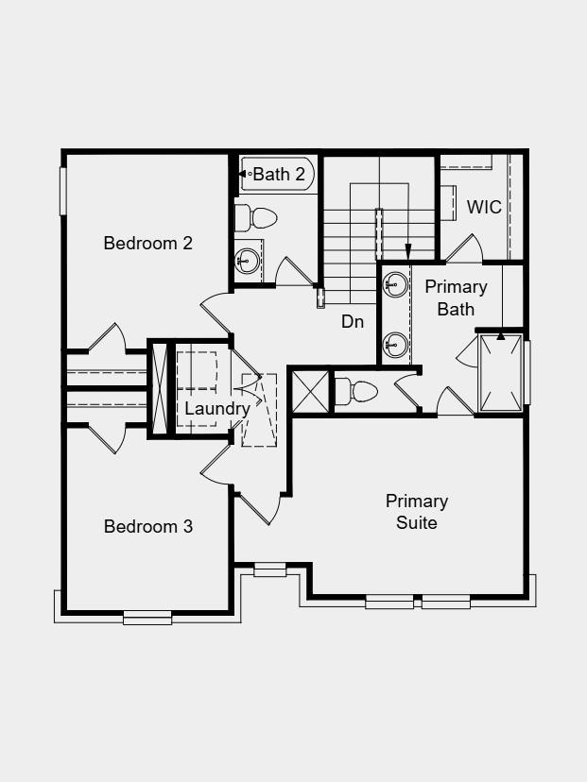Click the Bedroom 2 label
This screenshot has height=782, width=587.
[x=148, y=244]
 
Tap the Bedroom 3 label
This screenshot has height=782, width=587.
[x=148, y=527]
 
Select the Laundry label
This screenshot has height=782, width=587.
[x=216, y=409]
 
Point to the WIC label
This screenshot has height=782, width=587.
[x=484, y=207]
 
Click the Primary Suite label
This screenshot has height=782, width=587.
[x=417, y=511]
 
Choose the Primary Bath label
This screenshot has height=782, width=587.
[x=457, y=297]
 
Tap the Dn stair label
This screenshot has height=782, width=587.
[x=353, y=321]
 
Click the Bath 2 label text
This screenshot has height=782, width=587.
[x=280, y=174]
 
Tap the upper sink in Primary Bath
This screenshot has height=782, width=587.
[x=396, y=284]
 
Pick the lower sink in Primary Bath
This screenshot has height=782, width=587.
[x=396, y=344]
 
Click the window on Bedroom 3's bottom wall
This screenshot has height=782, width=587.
[x=147, y=618]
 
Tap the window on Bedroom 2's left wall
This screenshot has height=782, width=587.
[x=64, y=191]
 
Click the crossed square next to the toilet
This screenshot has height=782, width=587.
[x=310, y=391]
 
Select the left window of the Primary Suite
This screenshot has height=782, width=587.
[x=389, y=601]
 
